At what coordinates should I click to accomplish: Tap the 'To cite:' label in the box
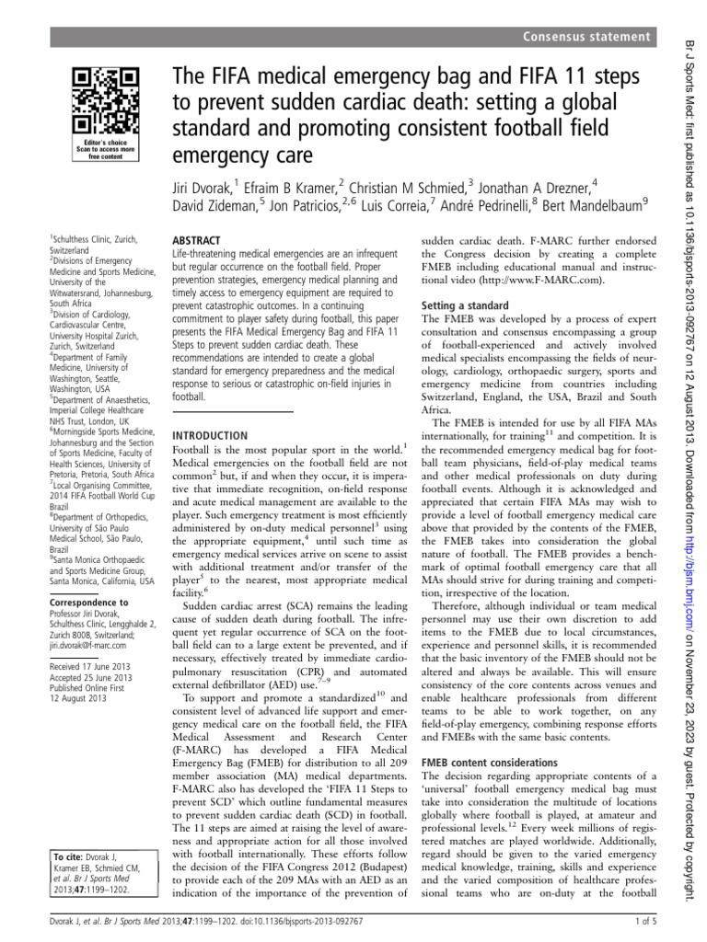(x=72, y=856)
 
